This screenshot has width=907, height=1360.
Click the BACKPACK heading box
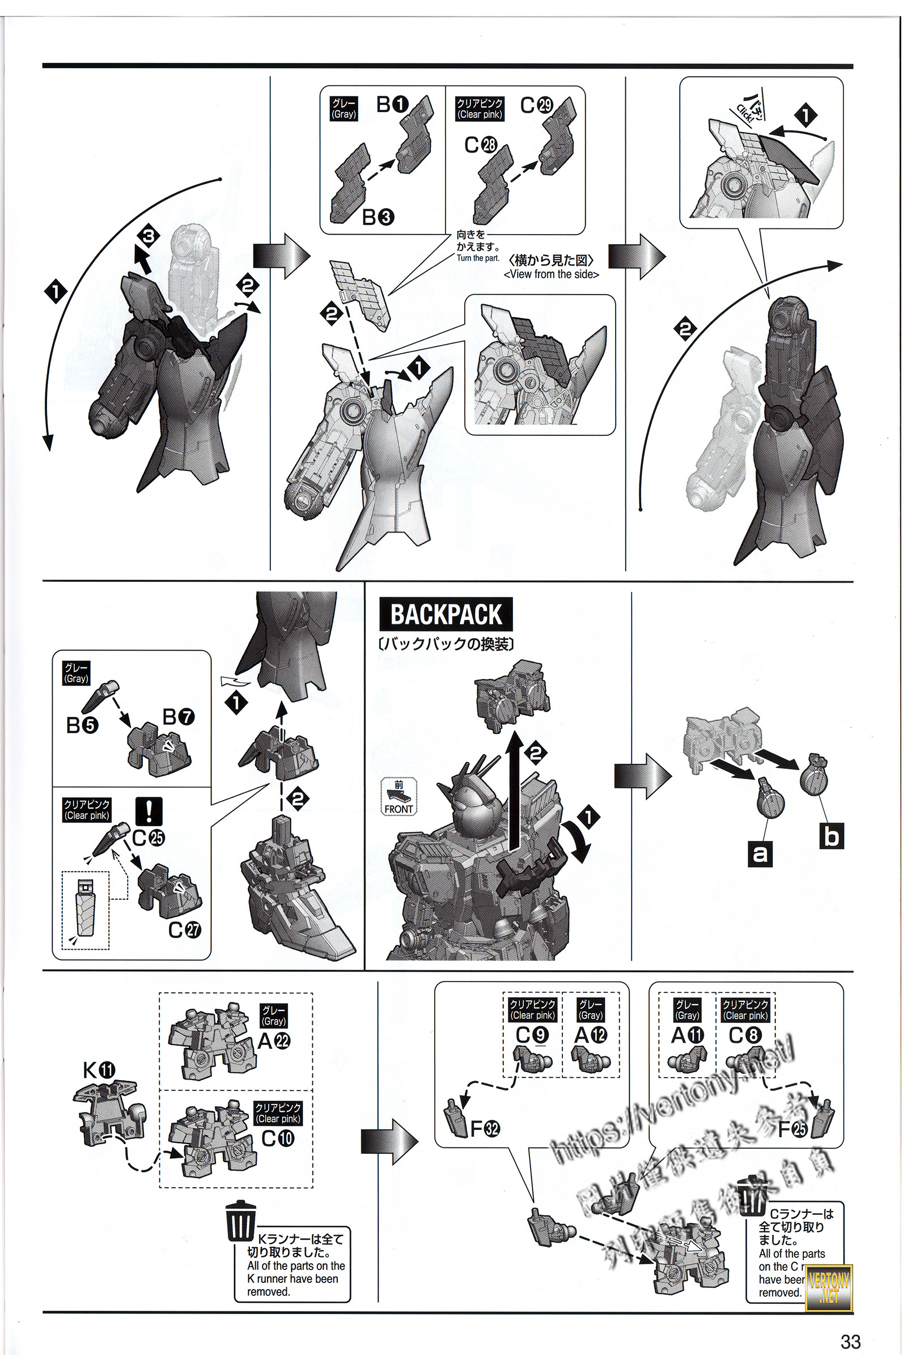click(x=446, y=614)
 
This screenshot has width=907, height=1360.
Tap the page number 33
click(x=850, y=1341)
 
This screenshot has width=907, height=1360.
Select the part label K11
click(x=99, y=1070)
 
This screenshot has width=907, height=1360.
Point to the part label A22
click(x=274, y=1041)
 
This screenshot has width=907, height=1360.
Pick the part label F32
click(x=485, y=1128)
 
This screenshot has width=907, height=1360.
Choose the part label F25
click(x=792, y=1128)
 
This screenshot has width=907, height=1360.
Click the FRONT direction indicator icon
click(x=399, y=797)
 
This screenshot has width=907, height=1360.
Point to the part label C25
click(x=149, y=838)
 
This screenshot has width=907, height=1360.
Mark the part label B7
click(x=179, y=717)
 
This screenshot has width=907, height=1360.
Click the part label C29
click(x=537, y=105)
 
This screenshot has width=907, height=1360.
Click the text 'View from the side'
click(x=551, y=274)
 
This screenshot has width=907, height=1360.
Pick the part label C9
click(x=532, y=1035)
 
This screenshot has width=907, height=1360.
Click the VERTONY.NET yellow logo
click(x=829, y=1287)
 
